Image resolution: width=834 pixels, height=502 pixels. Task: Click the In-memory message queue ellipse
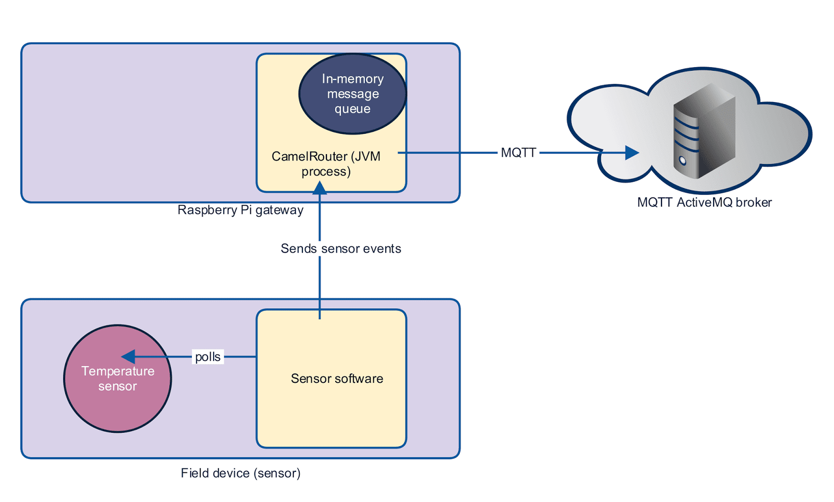pyautogui.click(x=352, y=94)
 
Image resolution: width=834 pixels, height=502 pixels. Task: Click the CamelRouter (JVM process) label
pyautogui.click(x=326, y=164)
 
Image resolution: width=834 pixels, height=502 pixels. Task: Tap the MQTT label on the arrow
pyautogui.click(x=518, y=153)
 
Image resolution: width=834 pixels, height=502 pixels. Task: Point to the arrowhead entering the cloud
pyautogui.click(x=632, y=153)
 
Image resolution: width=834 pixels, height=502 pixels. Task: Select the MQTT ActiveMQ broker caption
pyautogui.click(x=704, y=203)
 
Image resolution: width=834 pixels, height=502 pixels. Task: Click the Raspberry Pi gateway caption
pyautogui.click(x=240, y=210)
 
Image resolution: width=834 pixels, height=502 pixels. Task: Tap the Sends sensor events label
pyautogui.click(x=340, y=248)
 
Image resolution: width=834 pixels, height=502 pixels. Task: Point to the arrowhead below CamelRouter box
pyautogui.click(x=320, y=187)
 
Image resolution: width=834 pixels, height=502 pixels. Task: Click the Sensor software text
pyautogui.click(x=337, y=379)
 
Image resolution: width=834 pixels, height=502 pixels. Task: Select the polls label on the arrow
pyautogui.click(x=207, y=357)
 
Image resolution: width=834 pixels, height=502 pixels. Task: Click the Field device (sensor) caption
pyautogui.click(x=240, y=473)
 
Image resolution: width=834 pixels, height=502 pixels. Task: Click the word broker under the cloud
pyautogui.click(x=753, y=203)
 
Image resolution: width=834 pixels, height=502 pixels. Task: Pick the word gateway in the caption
pyautogui.click(x=279, y=210)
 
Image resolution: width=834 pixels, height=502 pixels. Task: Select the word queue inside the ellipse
pyautogui.click(x=352, y=109)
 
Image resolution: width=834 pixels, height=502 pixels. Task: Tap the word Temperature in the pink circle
pyautogui.click(x=118, y=371)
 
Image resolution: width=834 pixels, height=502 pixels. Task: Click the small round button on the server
pyautogui.click(x=682, y=161)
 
